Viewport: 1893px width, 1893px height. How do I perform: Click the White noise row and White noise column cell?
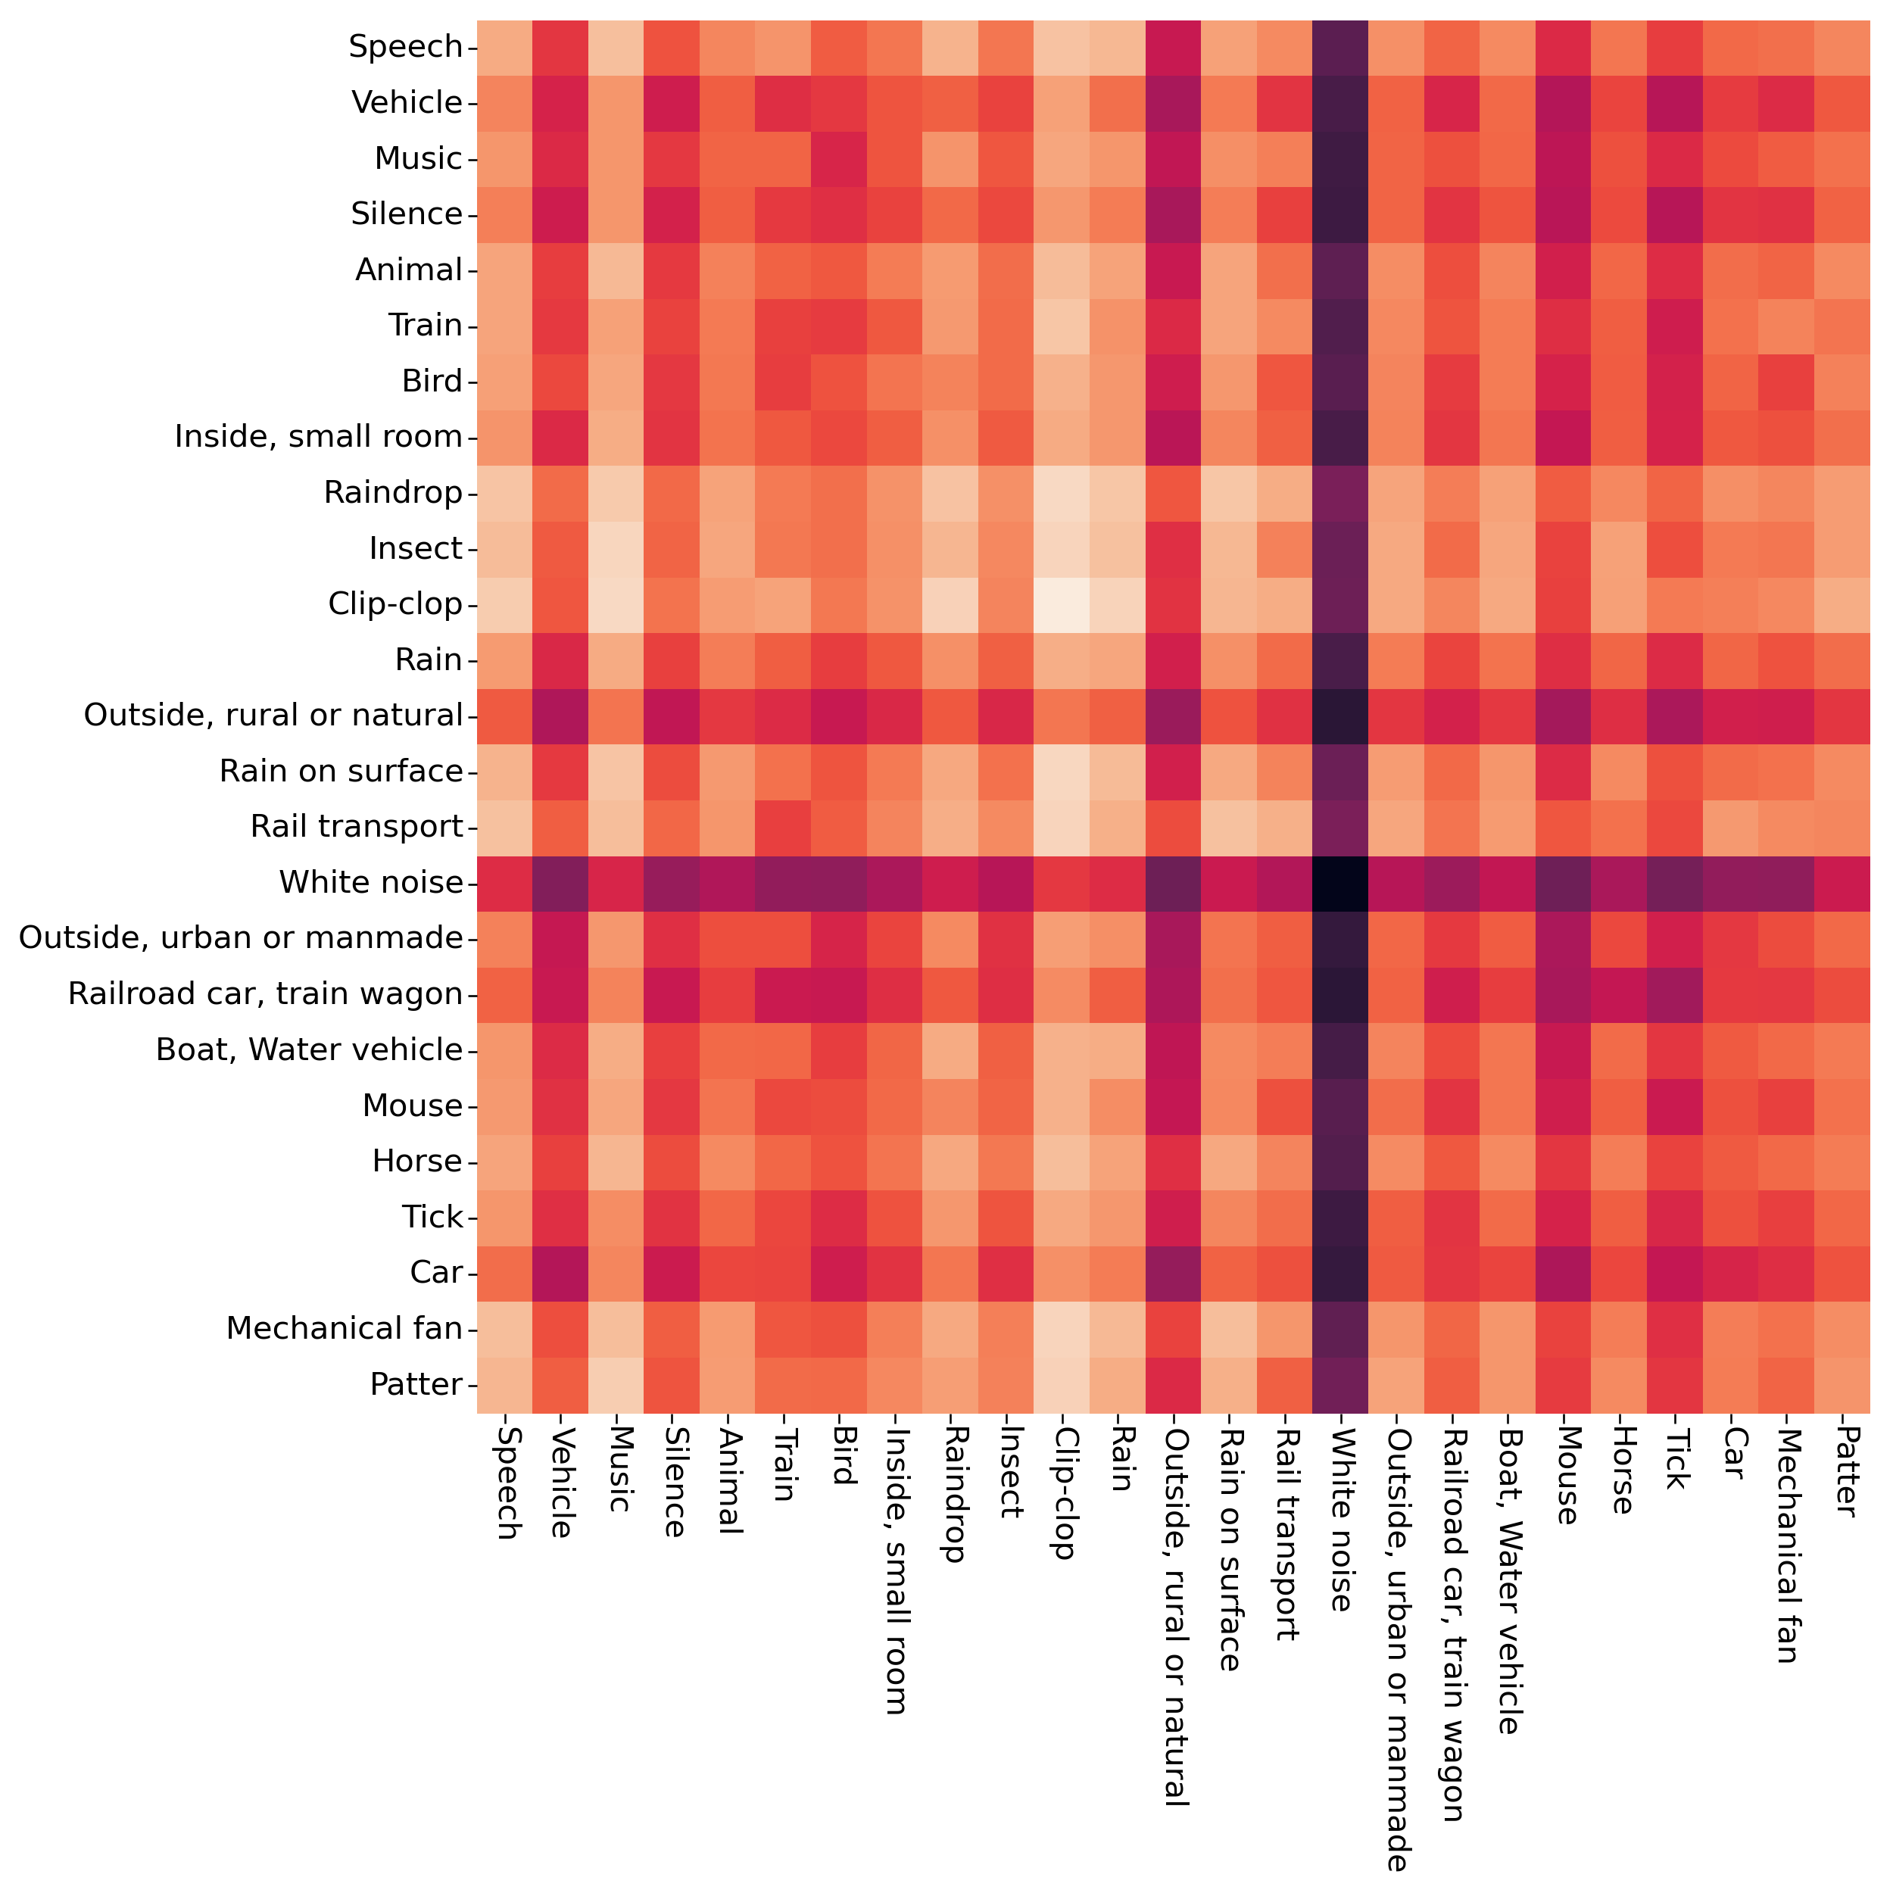(1339, 883)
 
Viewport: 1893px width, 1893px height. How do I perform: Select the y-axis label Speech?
(406, 47)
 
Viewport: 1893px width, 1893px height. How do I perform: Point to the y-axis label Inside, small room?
(319, 437)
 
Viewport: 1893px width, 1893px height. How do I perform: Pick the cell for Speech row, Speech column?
(504, 47)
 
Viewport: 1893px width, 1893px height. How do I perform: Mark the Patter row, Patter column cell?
(1842, 1384)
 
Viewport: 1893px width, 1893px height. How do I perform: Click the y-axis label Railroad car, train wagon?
(264, 994)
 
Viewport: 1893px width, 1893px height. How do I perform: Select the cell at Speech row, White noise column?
(1339, 47)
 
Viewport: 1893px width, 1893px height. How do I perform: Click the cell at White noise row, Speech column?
(504, 883)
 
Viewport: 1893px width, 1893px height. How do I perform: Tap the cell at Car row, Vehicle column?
(560, 1273)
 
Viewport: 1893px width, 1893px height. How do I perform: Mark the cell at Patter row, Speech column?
(504, 1384)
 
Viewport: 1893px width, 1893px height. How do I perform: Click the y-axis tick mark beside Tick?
(471, 1217)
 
